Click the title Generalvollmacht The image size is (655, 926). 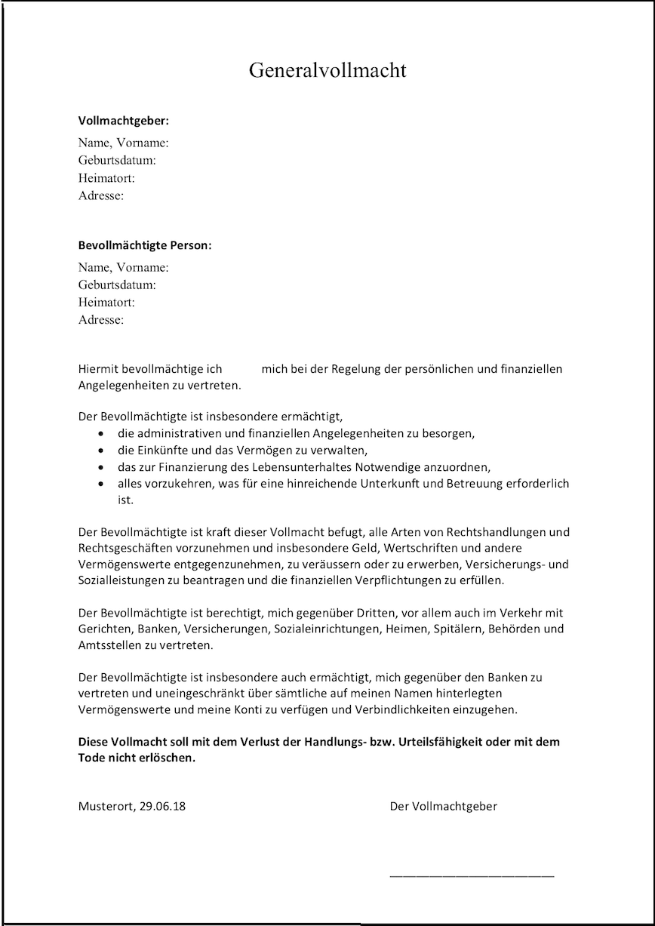tap(327, 71)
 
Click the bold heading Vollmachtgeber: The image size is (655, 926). tap(123, 120)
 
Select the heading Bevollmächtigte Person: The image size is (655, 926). tap(145, 245)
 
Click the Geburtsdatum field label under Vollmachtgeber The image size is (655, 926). tap(117, 160)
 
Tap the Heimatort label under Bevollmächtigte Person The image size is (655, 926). tap(106, 302)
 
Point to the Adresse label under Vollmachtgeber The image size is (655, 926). tap(101, 195)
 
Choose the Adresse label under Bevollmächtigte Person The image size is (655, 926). tap(101, 320)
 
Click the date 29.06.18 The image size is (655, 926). tap(162, 806)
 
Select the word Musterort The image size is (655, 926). tap(106, 806)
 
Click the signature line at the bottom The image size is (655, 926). tap(472, 875)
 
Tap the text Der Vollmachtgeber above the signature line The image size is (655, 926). tap(444, 806)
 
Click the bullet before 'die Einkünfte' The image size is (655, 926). tap(101, 451)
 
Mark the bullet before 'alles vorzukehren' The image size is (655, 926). tap(101, 484)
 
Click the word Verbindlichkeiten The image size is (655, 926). tap(399, 710)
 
